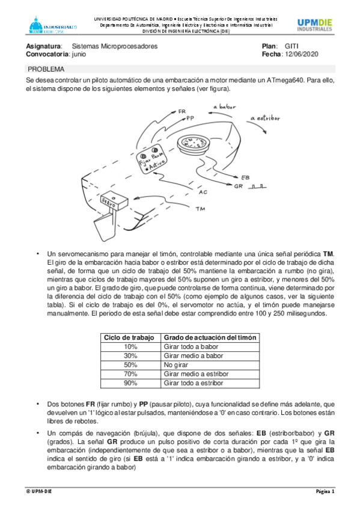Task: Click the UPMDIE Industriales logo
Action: [x=314, y=25]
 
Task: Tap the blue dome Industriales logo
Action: [x=53, y=25]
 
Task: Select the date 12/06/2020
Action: [x=302, y=54]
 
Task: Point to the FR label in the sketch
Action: [x=182, y=111]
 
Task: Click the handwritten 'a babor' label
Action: [x=225, y=106]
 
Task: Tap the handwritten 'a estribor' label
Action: [x=265, y=118]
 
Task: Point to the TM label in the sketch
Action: [x=201, y=209]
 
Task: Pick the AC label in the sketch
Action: [x=203, y=192]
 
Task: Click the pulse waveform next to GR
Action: [x=257, y=186]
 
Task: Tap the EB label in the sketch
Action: [x=245, y=177]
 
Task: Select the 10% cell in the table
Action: [x=130, y=347]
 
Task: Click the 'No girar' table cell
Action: [x=210, y=365]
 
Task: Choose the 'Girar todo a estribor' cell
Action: [x=210, y=383]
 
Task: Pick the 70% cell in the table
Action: [x=130, y=374]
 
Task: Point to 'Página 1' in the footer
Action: [x=325, y=491]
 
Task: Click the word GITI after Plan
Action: [x=291, y=46]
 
